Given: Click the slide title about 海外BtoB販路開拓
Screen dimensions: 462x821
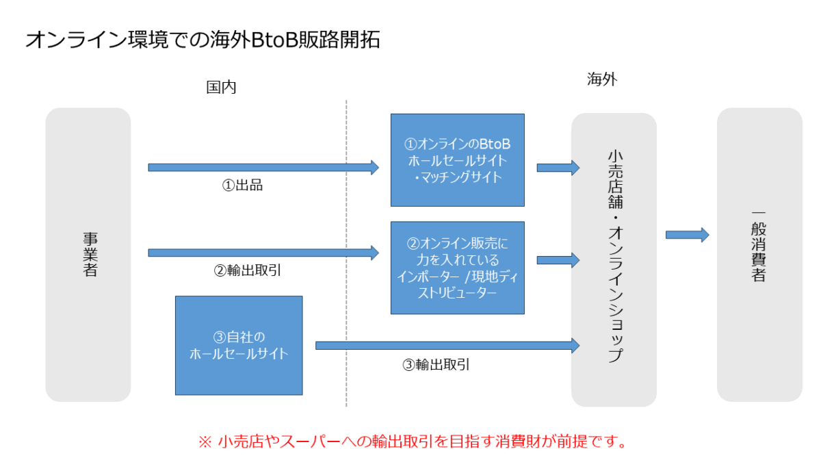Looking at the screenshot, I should [x=203, y=40].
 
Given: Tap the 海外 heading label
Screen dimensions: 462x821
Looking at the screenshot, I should [x=602, y=79].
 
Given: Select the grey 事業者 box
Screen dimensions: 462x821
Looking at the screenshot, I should [x=88, y=254].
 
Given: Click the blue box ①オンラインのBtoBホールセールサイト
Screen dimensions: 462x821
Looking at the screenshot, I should [x=457, y=160].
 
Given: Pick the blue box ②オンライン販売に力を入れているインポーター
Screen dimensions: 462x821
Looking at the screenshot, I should [x=457, y=268].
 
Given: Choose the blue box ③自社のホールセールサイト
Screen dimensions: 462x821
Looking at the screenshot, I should [x=239, y=345].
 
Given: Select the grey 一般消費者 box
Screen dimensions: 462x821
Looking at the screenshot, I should [x=759, y=254].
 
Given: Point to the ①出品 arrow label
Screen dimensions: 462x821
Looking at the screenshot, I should [x=243, y=185].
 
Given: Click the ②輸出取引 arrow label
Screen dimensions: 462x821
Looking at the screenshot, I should [x=248, y=270].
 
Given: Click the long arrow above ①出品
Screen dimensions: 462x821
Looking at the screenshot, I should [x=263, y=167].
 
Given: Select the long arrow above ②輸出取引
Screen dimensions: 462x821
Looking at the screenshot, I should [x=263, y=253].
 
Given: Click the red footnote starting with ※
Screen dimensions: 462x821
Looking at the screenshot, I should [x=413, y=441].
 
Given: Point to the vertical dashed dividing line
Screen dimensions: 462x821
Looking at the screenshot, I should [x=346, y=253].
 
